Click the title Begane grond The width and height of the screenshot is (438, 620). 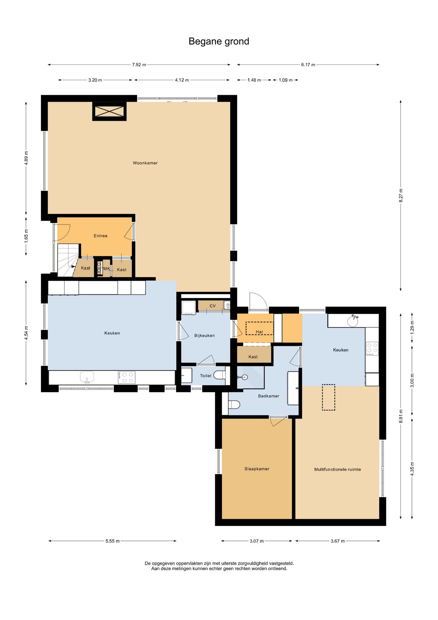click(219, 41)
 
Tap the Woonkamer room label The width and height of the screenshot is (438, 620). click(145, 163)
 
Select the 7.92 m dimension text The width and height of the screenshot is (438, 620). click(139, 65)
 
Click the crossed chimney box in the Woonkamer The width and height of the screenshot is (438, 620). click(109, 111)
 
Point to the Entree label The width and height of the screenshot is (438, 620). click(100, 236)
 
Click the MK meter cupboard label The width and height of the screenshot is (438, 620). click(106, 269)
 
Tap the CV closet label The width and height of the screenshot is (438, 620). click(212, 306)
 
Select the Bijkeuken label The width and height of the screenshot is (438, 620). click(204, 336)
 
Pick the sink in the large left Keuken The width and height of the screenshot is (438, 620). click(87, 377)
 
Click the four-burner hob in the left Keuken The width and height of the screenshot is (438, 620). click(126, 377)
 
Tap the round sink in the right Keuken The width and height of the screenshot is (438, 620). click(353, 321)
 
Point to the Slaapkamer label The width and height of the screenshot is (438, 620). click(257, 469)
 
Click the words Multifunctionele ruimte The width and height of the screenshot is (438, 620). click(337, 470)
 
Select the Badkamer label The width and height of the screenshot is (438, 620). click(268, 396)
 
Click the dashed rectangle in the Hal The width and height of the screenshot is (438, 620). click(259, 328)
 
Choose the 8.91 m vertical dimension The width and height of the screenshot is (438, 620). click(401, 416)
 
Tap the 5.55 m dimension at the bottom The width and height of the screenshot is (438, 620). click(112, 541)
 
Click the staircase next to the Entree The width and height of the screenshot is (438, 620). click(68, 260)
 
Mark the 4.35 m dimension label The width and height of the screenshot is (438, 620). click(412, 469)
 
